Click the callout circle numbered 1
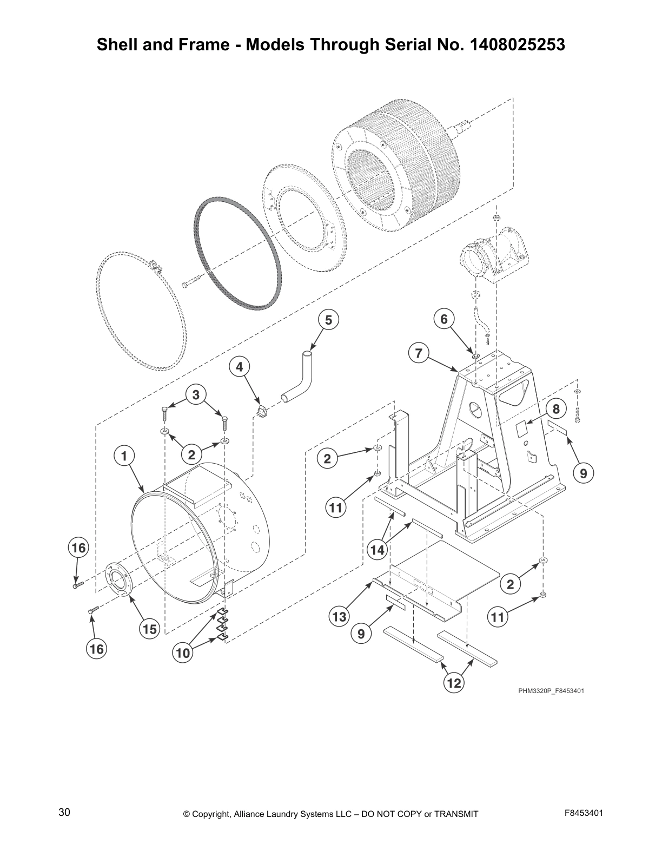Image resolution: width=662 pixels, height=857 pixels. point(124,456)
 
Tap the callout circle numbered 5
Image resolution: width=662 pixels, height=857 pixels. point(328,320)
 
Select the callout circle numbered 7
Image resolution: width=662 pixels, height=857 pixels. point(418,353)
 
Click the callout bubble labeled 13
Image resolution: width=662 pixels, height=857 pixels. point(339,616)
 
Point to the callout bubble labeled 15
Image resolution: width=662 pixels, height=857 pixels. point(150,629)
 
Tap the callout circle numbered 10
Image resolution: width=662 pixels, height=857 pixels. point(183,653)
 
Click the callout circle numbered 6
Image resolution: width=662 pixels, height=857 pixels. point(444,319)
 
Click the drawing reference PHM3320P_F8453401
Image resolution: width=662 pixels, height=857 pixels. point(551,691)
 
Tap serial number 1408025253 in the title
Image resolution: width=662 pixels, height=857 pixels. point(518,44)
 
